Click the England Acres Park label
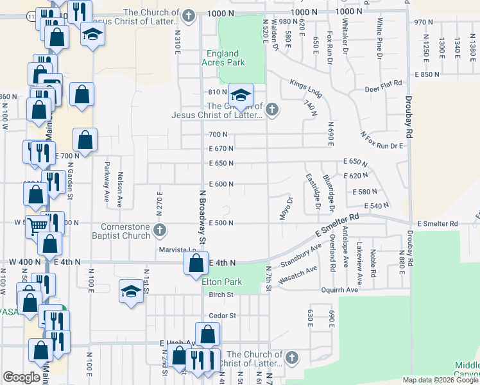point(223,58)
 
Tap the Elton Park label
point(221,282)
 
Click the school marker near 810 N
point(241,96)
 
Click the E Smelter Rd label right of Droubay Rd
point(437,223)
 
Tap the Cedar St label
point(223,316)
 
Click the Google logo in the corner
point(21,377)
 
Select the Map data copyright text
point(440,380)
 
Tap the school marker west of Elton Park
point(131,291)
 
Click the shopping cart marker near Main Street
point(38,225)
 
